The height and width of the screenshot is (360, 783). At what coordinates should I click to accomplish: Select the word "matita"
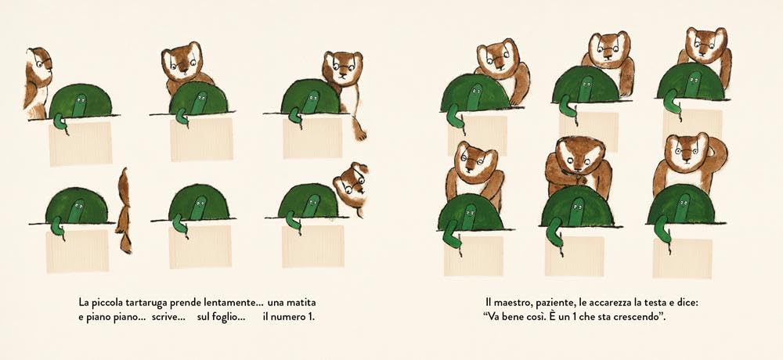pos(302,303)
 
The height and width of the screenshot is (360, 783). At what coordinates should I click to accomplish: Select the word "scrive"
pos(173,317)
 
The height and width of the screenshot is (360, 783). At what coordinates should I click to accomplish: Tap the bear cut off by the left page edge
pos(37,82)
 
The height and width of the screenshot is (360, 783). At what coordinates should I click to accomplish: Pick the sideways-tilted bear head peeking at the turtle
pos(351,185)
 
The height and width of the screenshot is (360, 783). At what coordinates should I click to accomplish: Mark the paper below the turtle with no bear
pos(200,247)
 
